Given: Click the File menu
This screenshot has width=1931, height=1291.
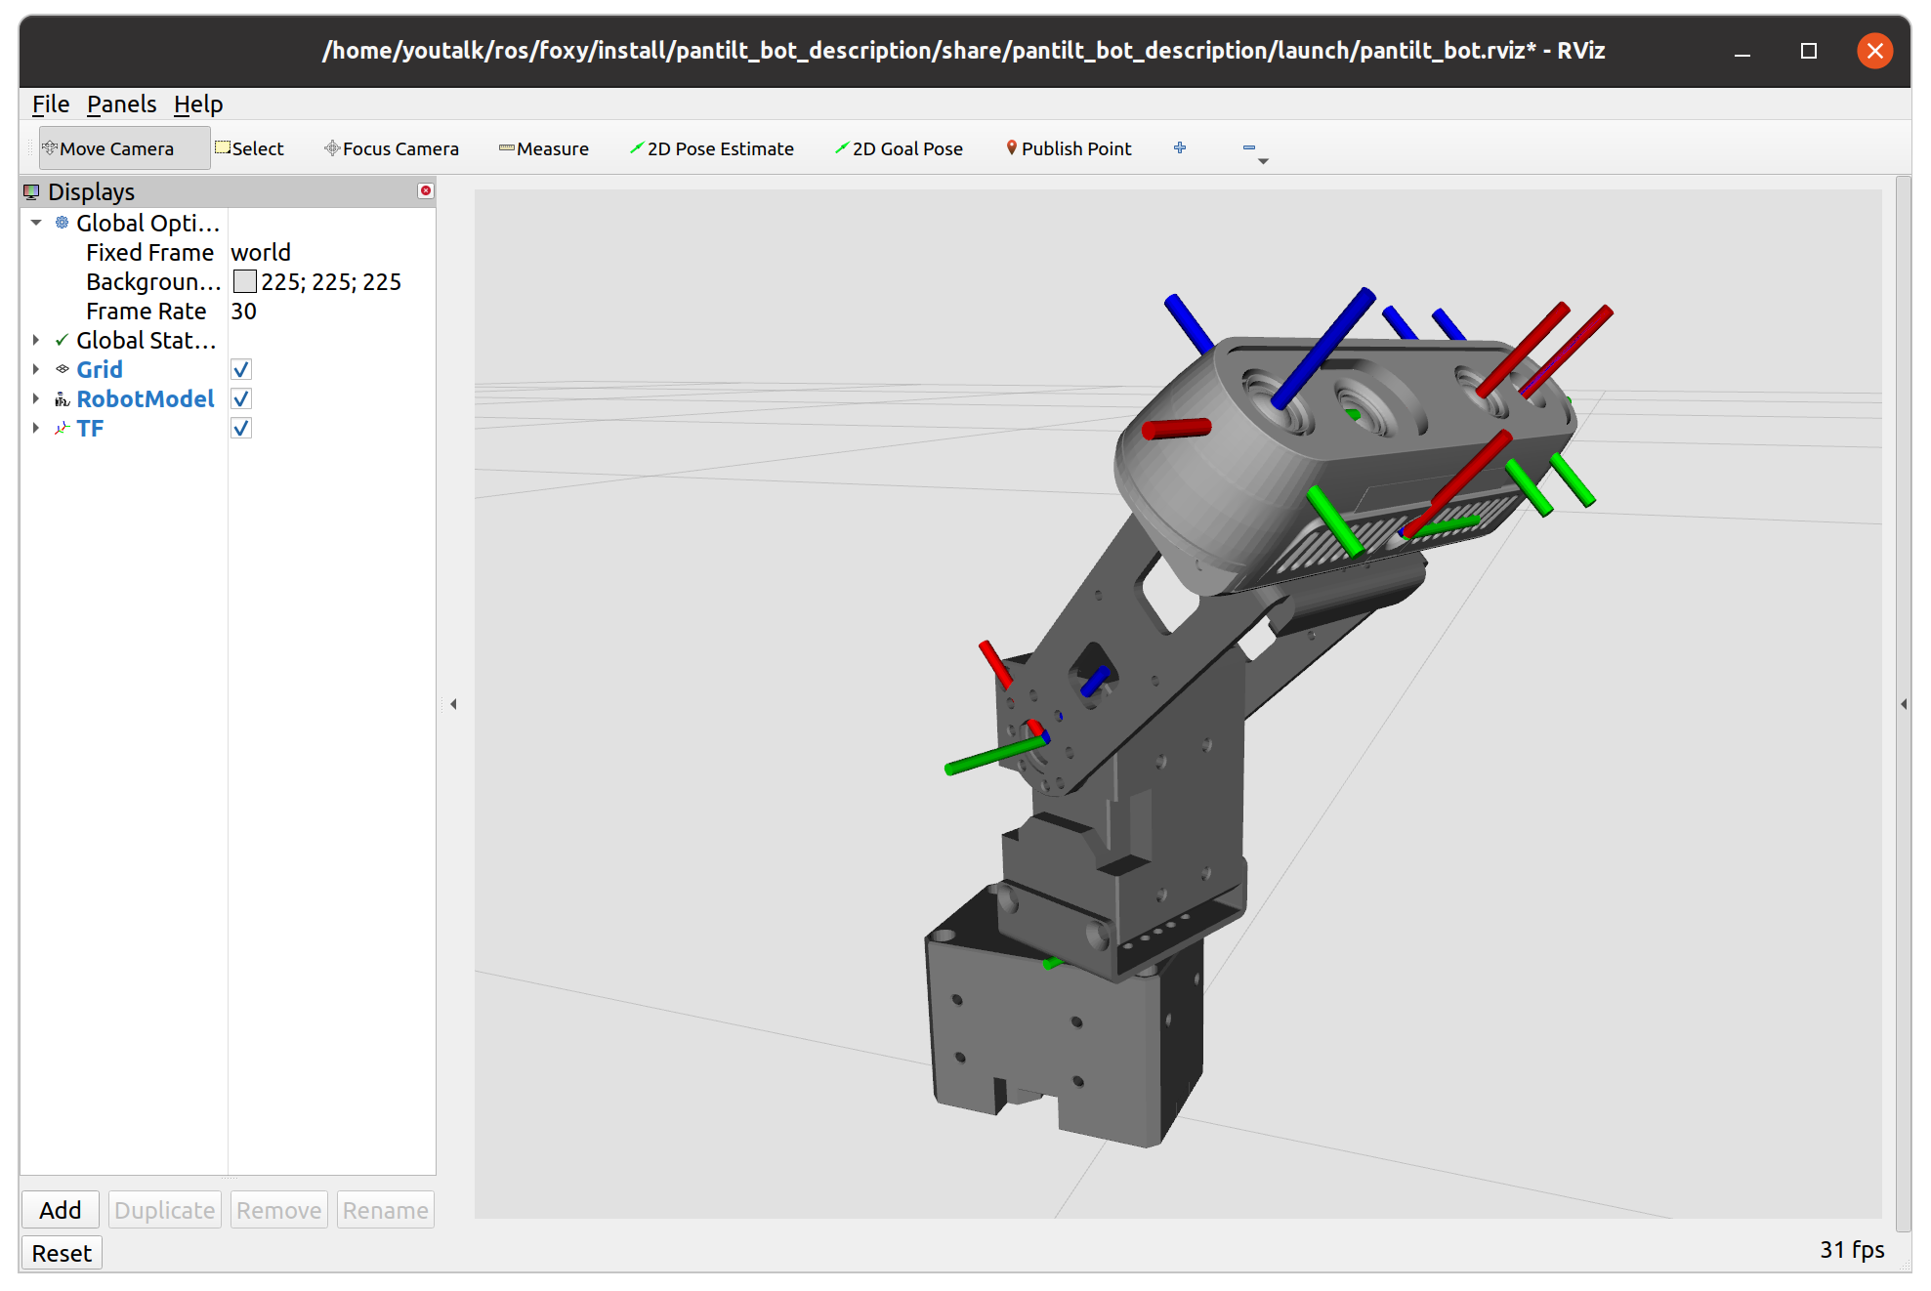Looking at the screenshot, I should click(x=50, y=104).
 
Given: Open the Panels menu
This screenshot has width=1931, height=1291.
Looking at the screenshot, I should click(x=121, y=104).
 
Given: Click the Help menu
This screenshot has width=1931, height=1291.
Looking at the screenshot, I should click(x=198, y=104).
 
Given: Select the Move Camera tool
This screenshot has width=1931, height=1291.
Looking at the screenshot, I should click(x=115, y=148).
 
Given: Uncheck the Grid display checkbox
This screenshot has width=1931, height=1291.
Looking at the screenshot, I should click(x=241, y=370).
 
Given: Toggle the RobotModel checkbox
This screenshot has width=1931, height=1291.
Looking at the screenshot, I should click(x=241, y=399).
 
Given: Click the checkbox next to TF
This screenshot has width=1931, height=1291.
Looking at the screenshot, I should click(x=241, y=429).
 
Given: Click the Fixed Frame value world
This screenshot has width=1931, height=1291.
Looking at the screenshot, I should click(x=261, y=253).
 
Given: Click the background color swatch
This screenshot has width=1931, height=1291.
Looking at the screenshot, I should click(x=244, y=282).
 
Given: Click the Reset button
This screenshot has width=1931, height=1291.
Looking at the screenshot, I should click(x=62, y=1253).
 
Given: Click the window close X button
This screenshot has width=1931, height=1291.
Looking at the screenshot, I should click(x=1874, y=51).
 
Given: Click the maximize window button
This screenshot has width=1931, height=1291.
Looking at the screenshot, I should click(x=1808, y=51).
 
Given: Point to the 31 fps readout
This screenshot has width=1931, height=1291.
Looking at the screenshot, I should click(x=1851, y=1250).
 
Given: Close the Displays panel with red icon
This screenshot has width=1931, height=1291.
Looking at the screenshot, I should click(x=425, y=191).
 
